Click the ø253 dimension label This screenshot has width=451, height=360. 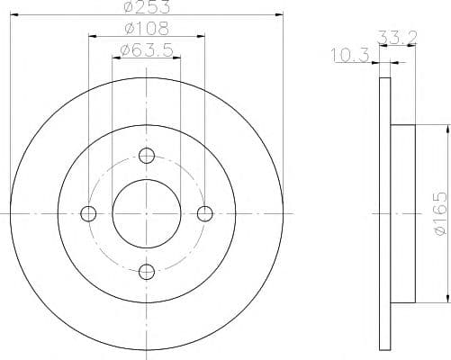tap(147, 6)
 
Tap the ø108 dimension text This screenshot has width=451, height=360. tap(147, 29)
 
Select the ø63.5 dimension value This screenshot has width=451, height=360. tap(147, 50)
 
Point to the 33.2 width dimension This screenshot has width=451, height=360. tap(397, 37)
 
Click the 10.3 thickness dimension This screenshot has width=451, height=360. tap(350, 55)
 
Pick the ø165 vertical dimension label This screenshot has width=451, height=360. tap(440, 213)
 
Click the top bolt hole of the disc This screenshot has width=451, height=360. tap(147, 156)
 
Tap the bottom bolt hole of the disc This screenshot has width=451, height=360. tap(147, 272)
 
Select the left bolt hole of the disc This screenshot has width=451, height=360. tap(88, 214)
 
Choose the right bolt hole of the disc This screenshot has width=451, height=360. tap(205, 214)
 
